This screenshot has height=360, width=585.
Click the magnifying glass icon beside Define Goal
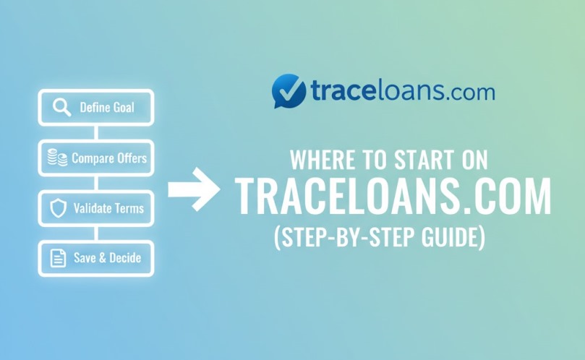click(x=61, y=108)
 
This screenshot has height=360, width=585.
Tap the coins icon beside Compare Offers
click(x=58, y=158)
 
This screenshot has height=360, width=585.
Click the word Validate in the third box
click(x=93, y=208)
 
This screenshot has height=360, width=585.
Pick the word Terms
click(x=129, y=208)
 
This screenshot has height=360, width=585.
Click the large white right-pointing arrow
click(x=194, y=189)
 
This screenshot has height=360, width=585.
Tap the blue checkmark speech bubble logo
click(x=289, y=92)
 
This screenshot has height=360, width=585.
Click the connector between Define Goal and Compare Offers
click(x=96, y=133)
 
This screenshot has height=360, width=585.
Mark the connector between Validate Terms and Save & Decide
click(x=96, y=233)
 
